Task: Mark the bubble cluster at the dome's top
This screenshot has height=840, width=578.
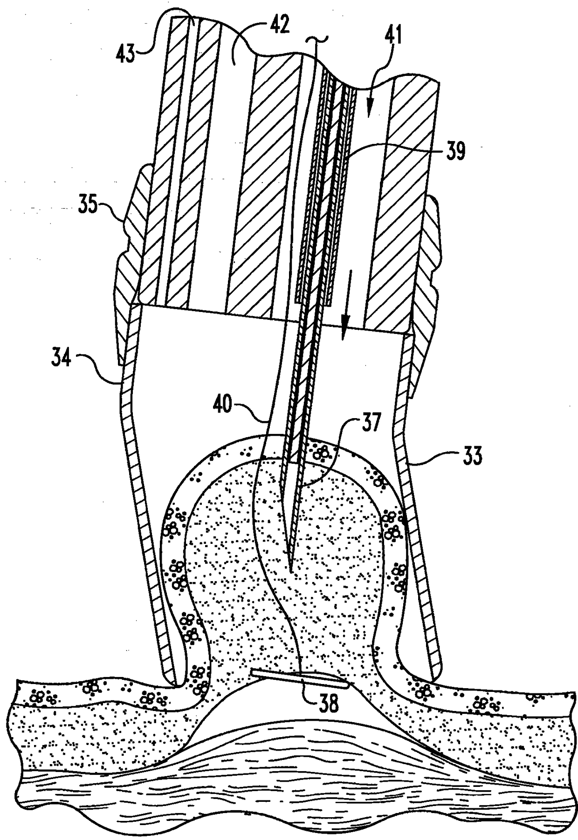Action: tap(321, 452)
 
